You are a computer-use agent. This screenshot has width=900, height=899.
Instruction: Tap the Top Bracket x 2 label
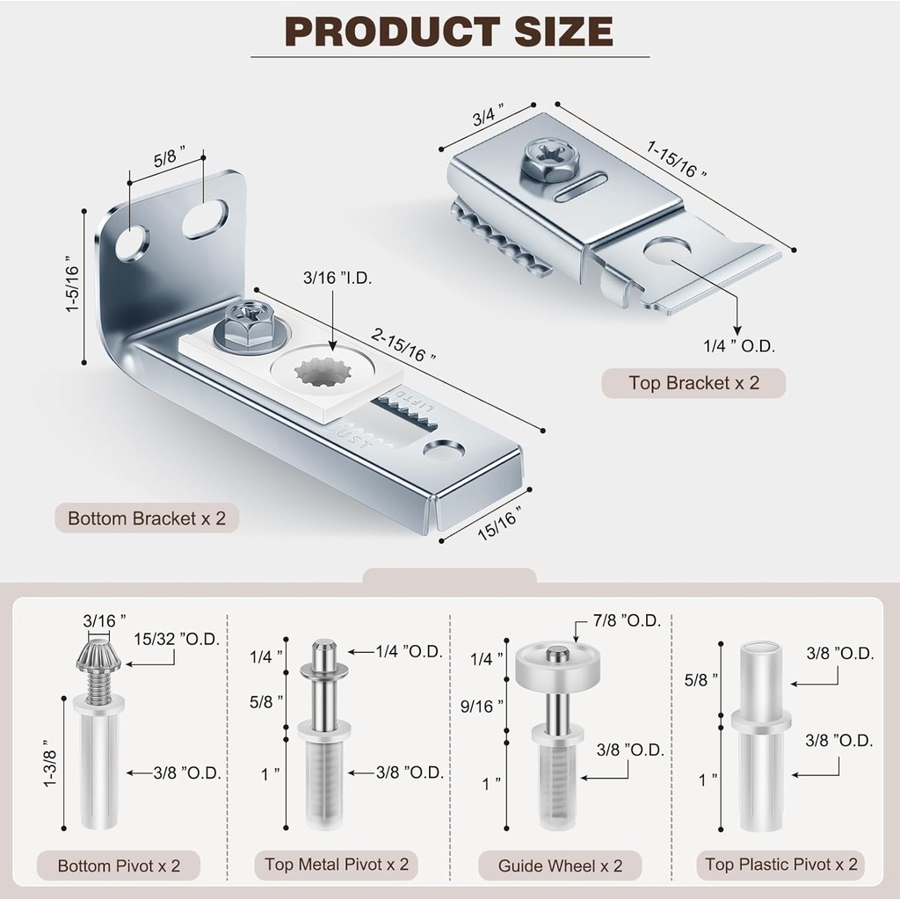click(x=693, y=383)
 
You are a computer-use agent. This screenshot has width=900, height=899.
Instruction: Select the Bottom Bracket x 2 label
click(x=147, y=518)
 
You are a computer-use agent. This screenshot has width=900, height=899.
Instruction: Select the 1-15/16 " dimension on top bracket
click(x=676, y=158)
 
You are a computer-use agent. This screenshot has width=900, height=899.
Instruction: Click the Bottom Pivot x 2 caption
click(x=119, y=866)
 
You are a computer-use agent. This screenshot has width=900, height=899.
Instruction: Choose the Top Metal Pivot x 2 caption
click(x=337, y=864)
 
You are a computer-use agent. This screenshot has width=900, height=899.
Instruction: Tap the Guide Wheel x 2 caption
click(x=560, y=866)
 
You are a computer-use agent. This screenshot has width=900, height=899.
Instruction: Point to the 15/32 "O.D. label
click(x=177, y=639)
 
